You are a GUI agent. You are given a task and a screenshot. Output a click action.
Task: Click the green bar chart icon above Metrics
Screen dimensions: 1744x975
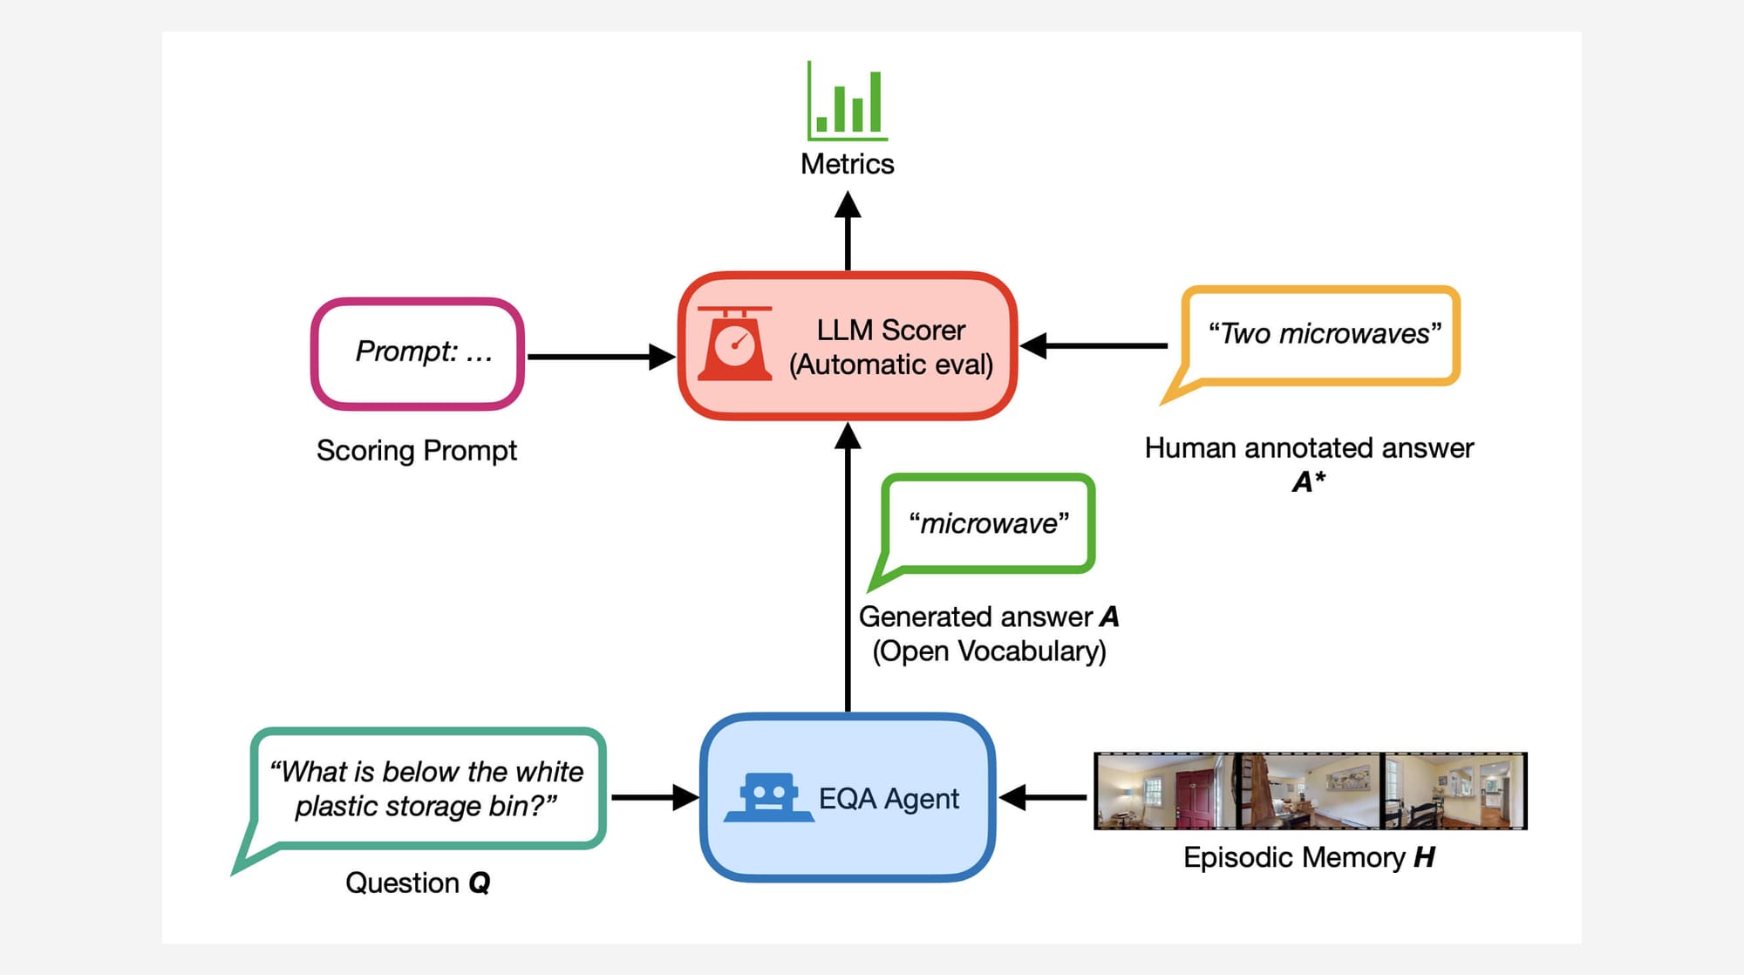pos(847,100)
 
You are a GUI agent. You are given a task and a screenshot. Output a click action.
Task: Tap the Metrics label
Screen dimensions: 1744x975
pos(847,164)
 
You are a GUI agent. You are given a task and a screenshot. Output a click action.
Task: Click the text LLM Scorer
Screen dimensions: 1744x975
pos(890,330)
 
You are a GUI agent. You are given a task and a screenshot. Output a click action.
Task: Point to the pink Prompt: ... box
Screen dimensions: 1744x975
pos(418,353)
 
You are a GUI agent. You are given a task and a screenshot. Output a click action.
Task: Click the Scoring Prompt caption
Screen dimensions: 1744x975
pos(417,451)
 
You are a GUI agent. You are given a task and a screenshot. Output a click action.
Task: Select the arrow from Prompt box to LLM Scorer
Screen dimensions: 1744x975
pos(602,357)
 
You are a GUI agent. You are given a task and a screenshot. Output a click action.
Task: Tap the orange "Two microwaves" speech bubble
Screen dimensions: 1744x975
pos(1320,336)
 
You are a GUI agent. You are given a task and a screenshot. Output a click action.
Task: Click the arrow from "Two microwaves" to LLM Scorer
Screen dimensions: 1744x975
pos(1093,345)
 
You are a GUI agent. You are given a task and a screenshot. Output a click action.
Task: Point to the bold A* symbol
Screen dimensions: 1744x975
pos(1309,481)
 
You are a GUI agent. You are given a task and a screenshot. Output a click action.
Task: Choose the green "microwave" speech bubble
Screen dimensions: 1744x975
pos(988,523)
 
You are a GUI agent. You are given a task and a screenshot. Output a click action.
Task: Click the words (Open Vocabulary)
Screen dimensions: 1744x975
pos(989,651)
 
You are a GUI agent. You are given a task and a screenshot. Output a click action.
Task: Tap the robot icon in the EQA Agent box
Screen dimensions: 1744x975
pos(767,796)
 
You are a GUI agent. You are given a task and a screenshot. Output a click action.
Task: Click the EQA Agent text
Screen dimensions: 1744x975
pos(889,799)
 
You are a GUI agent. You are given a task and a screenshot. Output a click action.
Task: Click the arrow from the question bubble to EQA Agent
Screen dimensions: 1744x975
pos(655,797)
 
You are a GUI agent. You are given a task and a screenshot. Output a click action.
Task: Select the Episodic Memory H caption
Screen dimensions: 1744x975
pos(1309,858)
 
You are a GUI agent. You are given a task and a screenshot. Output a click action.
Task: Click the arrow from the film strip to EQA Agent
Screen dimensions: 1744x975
pos(1043,797)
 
